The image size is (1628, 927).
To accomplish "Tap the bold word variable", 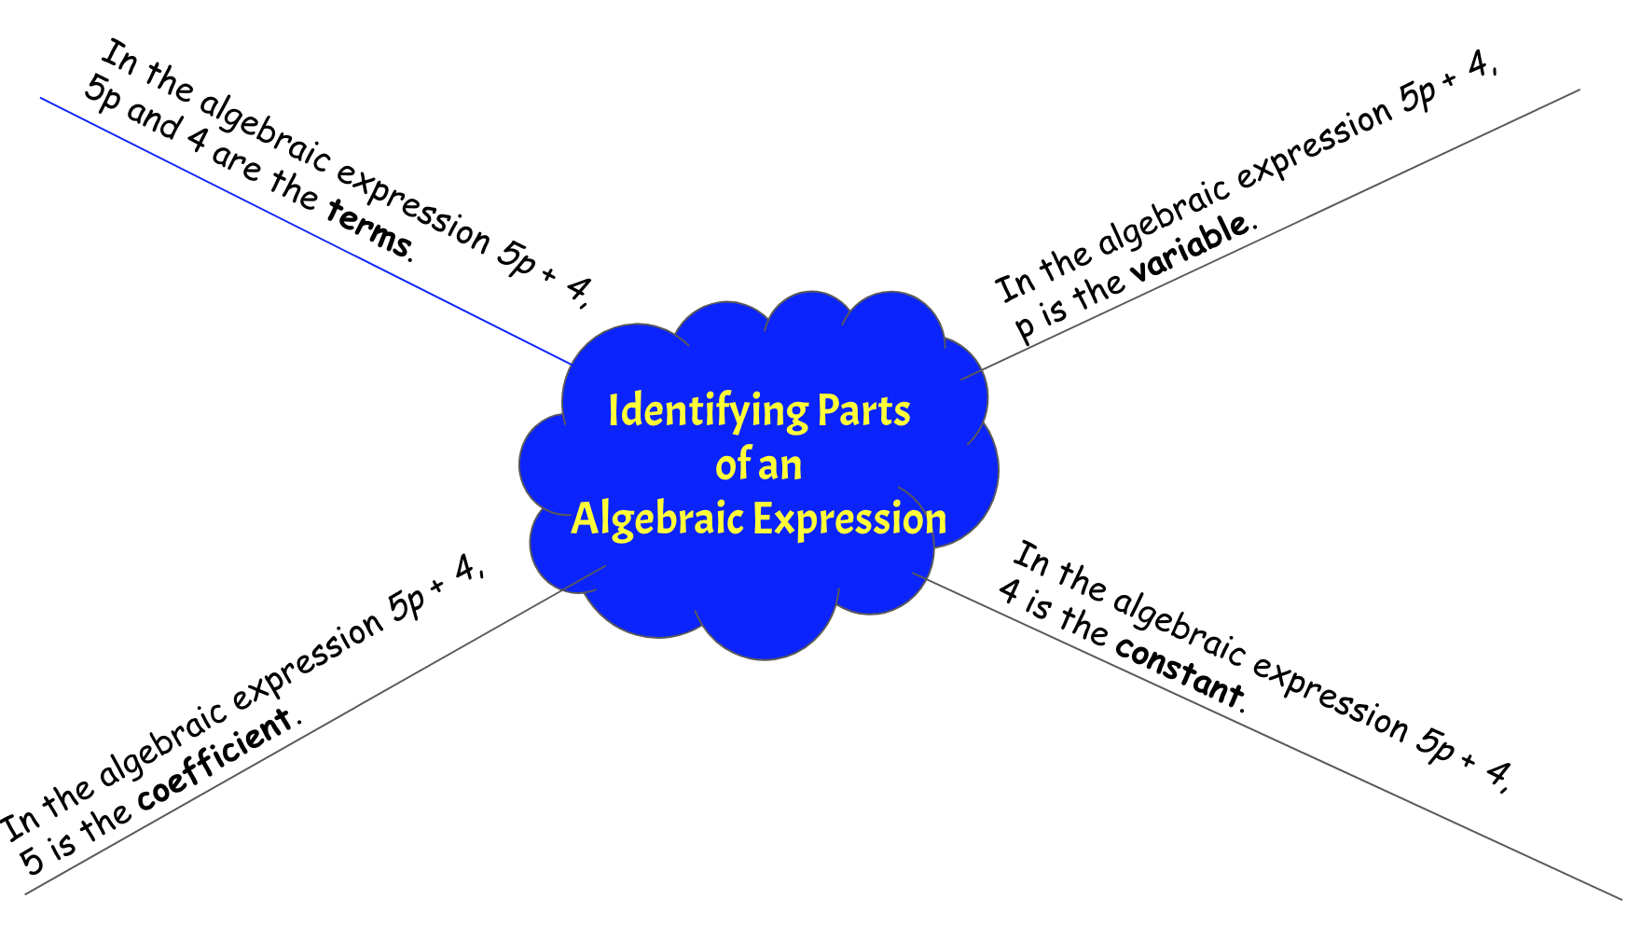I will pyautogui.click(x=1190, y=246).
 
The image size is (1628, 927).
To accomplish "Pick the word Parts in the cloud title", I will pyautogui.click(x=863, y=411).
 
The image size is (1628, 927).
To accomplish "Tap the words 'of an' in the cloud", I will pyautogui.click(x=758, y=464).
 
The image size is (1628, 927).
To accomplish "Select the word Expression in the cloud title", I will pyautogui.click(x=849, y=519).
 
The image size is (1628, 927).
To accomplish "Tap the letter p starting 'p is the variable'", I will pyautogui.click(x=1025, y=327).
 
